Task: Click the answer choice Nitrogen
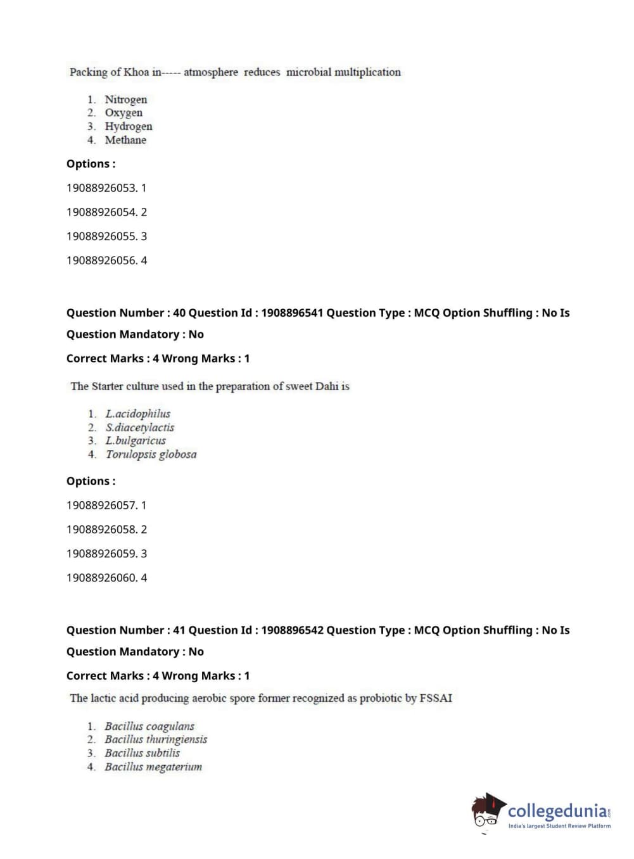pos(125,99)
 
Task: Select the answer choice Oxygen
pos(124,113)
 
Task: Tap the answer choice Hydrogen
pos(129,126)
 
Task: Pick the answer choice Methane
pos(125,140)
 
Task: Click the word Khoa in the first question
pos(136,72)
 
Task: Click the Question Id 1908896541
pos(292,313)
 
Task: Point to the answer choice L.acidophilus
pos(138,414)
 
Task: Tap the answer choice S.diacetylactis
pos(140,428)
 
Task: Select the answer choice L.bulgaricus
pos(136,441)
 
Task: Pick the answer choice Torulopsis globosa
pos(151,454)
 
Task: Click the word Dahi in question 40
pos(327,386)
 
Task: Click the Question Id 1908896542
pos(292,630)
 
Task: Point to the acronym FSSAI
pos(436,698)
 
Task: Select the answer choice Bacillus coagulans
pos(149,726)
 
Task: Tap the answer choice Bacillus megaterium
pos(153,767)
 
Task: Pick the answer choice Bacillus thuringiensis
pos(156,739)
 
